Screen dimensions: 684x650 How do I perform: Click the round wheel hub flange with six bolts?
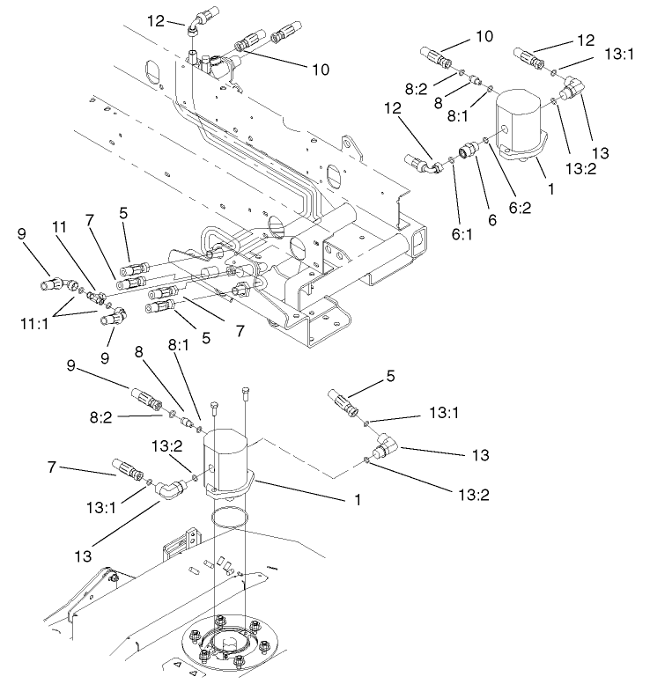click(x=232, y=646)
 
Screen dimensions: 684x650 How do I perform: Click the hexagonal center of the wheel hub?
click(x=232, y=652)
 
